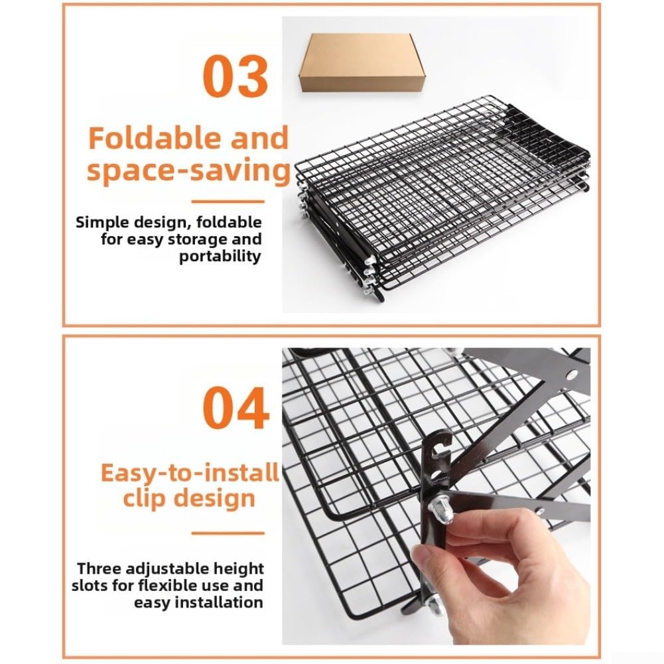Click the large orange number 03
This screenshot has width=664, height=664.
[235, 76]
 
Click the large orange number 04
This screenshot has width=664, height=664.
[235, 408]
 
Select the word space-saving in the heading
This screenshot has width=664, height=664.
[188, 170]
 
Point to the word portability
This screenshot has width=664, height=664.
[220, 256]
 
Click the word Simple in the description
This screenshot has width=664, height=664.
[102, 222]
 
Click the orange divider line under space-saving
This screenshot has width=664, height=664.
[228, 202]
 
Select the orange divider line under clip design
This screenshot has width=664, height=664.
[228, 533]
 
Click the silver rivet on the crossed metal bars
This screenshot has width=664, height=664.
[571, 374]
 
